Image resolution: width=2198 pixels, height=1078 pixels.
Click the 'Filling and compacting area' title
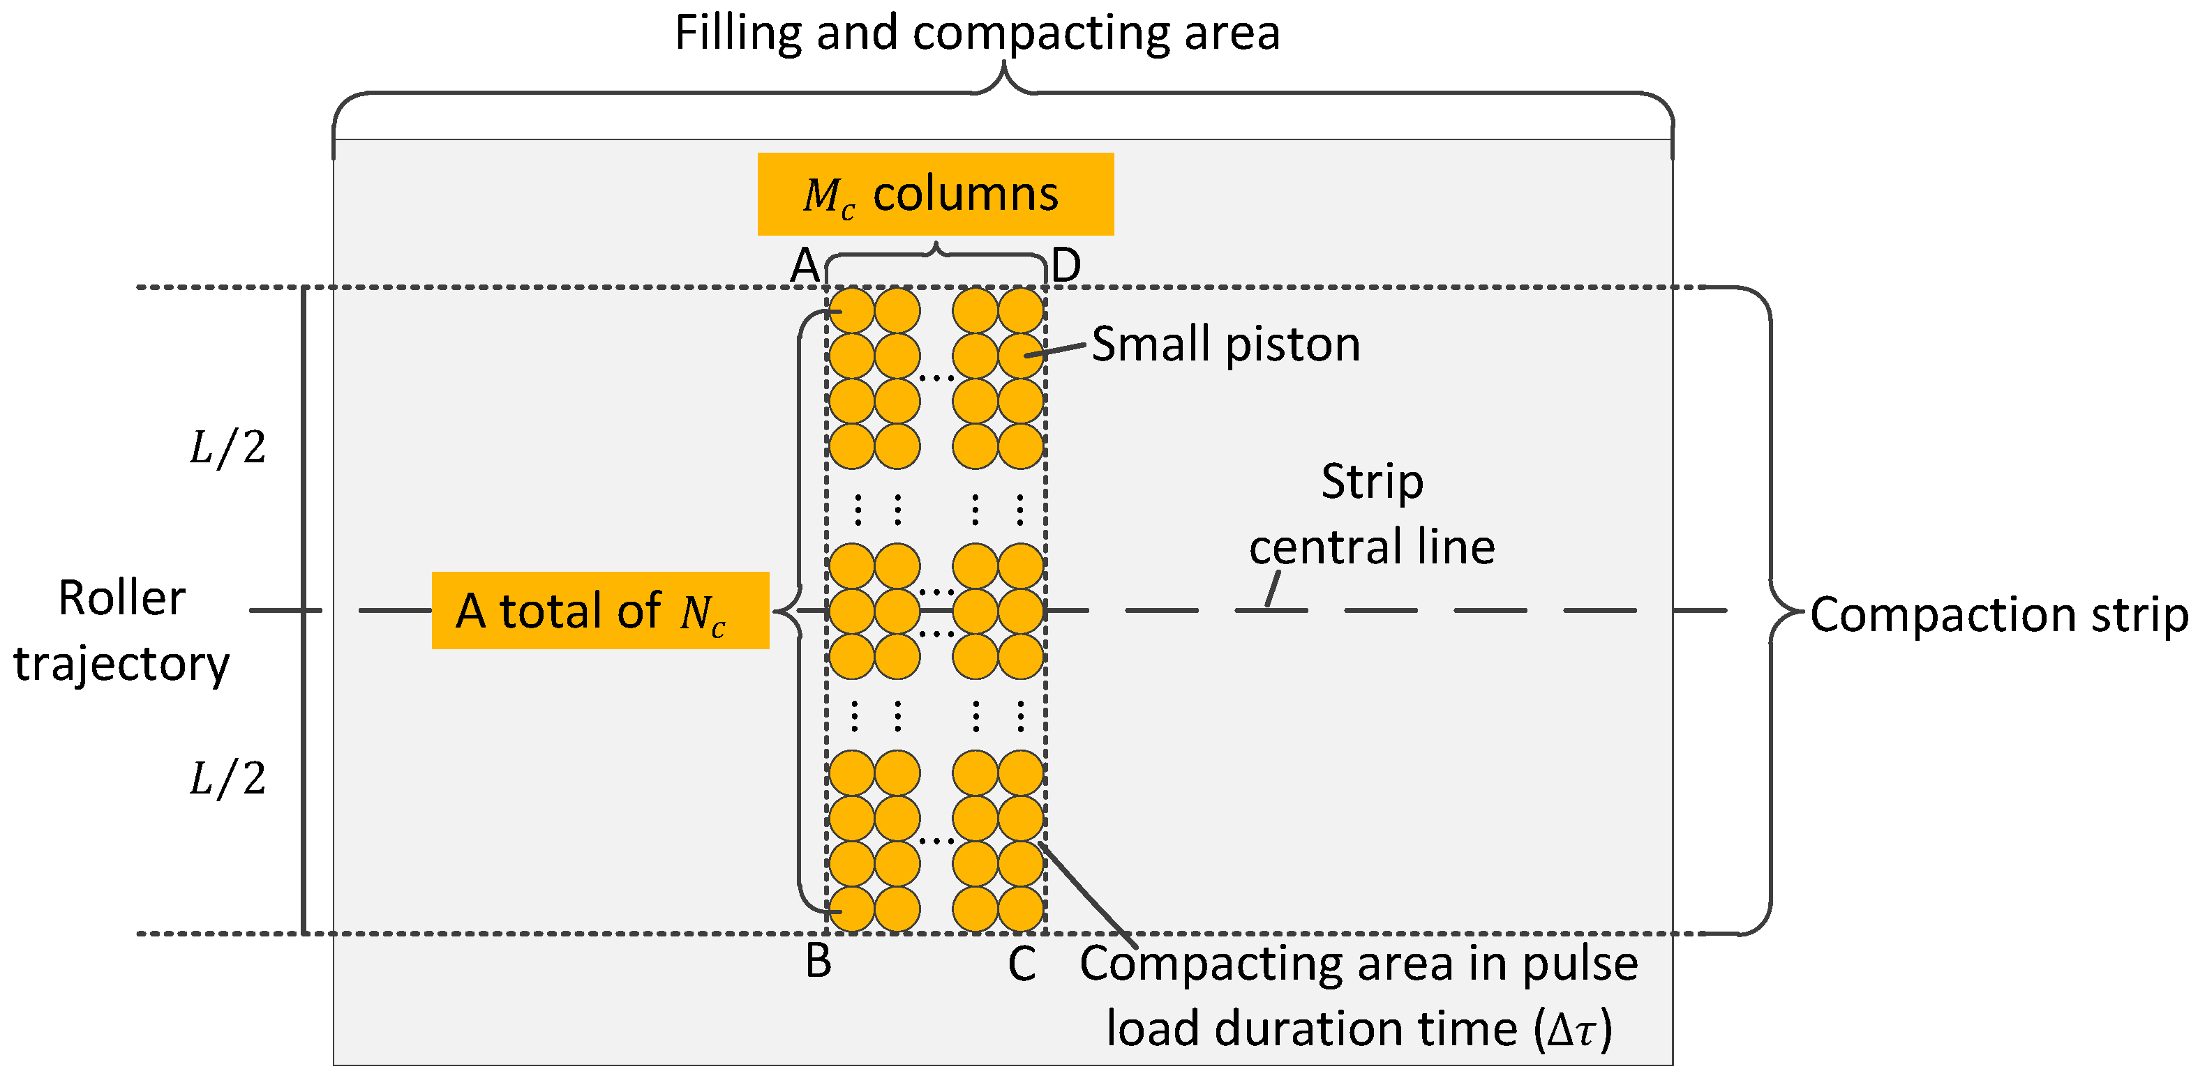pyautogui.click(x=977, y=34)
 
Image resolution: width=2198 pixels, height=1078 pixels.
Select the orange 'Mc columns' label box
pyautogui.click(x=935, y=195)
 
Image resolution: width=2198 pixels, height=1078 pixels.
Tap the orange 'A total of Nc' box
pyautogui.click(x=600, y=611)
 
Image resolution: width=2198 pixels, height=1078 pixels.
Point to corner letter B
pyautogui.click(x=818, y=961)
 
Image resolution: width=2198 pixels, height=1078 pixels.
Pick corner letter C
pyautogui.click(x=1022, y=964)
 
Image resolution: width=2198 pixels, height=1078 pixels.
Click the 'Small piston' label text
pyautogui.click(x=1225, y=344)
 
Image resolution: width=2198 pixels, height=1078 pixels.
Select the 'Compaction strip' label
pyautogui.click(x=1998, y=614)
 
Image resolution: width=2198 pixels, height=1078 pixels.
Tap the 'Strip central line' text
pyautogui.click(x=1371, y=515)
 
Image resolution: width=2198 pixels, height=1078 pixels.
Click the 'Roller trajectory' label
pyautogui.click(x=121, y=630)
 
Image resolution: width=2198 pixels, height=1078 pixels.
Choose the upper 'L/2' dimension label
pyautogui.click(x=227, y=447)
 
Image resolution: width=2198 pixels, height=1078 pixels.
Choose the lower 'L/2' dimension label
pyautogui.click(x=227, y=777)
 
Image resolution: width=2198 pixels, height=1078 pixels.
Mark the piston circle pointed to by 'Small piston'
pyautogui.click(x=1020, y=356)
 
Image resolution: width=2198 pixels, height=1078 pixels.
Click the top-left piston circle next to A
pyautogui.click(x=851, y=310)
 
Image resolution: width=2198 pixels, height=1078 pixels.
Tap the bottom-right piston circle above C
pyautogui.click(x=1020, y=909)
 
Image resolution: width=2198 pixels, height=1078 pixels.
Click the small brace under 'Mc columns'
pyautogui.click(x=936, y=253)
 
